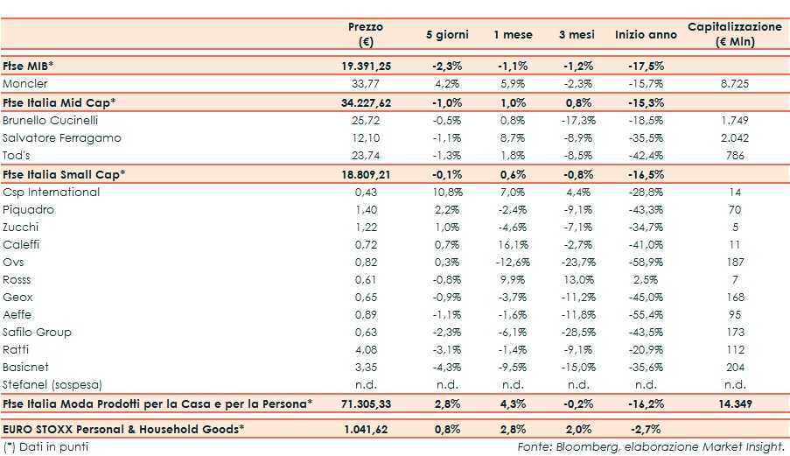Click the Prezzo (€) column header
coord(365,34)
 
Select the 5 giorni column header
coord(447,35)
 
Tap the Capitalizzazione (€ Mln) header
coord(735,34)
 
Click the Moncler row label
coord(25,84)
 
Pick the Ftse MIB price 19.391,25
coord(366,66)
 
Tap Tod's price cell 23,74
coord(366,155)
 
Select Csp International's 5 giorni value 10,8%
coord(447,192)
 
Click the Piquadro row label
coord(28,210)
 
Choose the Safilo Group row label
coord(38,333)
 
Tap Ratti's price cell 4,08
coord(366,350)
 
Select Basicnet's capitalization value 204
coord(735,368)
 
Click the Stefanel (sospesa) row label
coord(51,385)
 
